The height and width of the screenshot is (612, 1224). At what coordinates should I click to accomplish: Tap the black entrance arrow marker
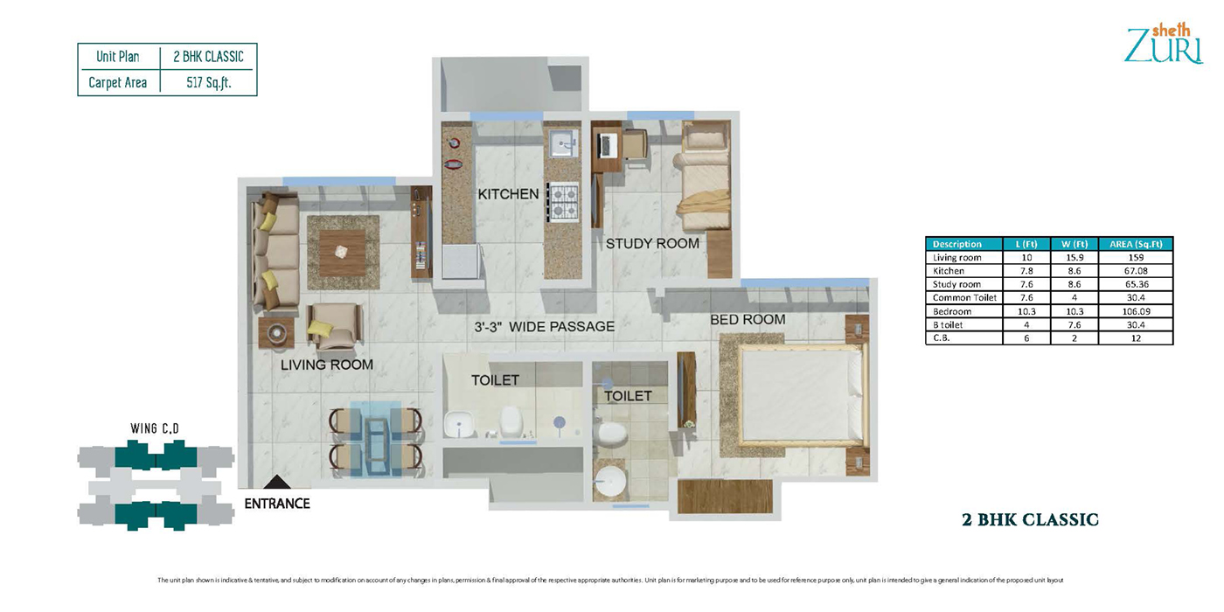point(276,483)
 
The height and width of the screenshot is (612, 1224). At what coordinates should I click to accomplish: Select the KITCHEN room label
point(508,194)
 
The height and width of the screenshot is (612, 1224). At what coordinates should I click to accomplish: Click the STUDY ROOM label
point(652,243)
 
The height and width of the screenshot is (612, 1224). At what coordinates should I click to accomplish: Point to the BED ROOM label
point(748,320)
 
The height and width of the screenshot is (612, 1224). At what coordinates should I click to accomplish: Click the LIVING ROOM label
point(326,365)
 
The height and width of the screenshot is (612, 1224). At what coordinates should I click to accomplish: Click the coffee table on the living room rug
point(342,252)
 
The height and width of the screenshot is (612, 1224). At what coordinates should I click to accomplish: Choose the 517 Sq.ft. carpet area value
point(208,83)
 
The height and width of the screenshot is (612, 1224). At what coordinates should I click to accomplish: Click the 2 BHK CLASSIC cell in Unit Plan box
point(208,57)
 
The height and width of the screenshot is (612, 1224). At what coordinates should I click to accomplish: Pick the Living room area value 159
point(1135,258)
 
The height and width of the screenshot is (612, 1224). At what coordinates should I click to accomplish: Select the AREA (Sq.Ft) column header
point(1135,244)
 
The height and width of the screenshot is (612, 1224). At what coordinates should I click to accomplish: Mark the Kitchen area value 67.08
point(1135,271)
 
